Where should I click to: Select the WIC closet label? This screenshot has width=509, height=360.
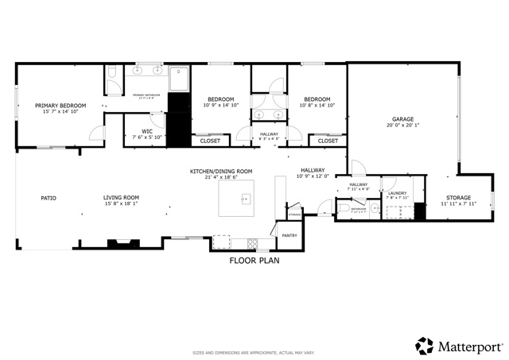click(x=147, y=131)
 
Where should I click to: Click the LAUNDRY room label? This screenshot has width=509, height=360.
click(x=397, y=193)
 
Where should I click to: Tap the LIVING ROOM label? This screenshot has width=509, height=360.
click(x=121, y=197)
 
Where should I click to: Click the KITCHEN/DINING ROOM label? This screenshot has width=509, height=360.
click(x=220, y=172)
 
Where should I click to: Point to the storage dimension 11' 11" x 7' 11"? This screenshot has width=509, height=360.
click(x=458, y=204)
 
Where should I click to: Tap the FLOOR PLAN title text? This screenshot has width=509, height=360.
click(x=254, y=260)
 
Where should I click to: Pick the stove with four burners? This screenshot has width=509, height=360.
click(x=253, y=242)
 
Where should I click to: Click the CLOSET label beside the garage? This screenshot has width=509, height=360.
click(x=328, y=141)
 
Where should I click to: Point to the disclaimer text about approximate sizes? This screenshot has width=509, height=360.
click(x=254, y=352)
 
